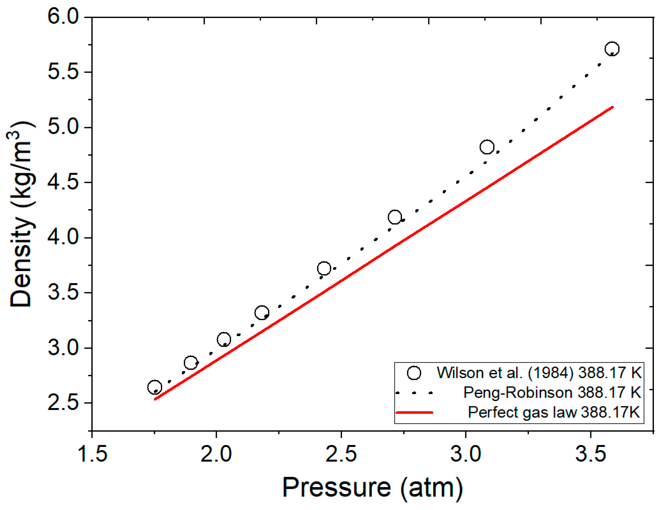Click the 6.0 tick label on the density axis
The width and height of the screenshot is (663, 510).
point(63,16)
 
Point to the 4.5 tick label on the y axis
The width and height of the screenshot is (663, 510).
point(63,183)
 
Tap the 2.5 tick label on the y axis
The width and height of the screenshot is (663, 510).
point(63,403)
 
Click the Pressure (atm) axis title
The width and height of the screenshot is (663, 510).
point(372,488)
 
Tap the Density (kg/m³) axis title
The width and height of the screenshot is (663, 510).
point(22,214)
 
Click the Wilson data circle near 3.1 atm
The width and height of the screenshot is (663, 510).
point(487,147)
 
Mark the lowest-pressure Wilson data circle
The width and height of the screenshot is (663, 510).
point(154,387)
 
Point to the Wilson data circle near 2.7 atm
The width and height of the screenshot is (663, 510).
point(395,217)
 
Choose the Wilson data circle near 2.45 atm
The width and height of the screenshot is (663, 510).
point(324,268)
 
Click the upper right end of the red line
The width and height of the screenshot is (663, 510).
point(613,107)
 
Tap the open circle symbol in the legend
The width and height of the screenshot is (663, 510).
point(414,373)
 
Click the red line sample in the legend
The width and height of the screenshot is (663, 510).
point(415,412)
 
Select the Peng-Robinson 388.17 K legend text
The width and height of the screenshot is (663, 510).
point(551,392)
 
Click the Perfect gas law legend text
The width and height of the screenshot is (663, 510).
point(554,412)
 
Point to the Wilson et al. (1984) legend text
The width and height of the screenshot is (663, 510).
point(539,373)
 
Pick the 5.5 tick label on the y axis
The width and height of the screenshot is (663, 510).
point(63,72)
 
